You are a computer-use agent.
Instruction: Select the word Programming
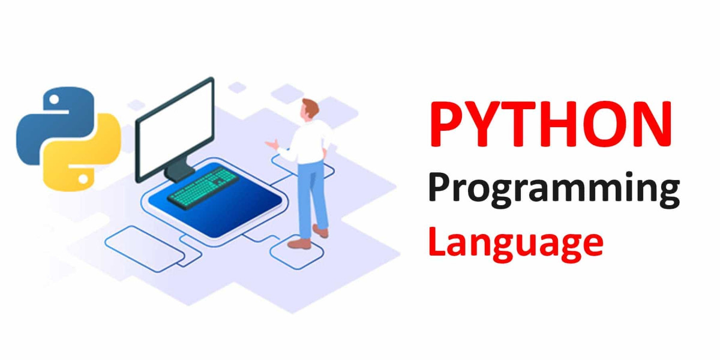pyautogui.click(x=553, y=191)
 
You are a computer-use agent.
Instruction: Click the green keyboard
pyautogui.click(x=203, y=186)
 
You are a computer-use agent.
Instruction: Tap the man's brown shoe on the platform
pyautogui.click(x=299, y=243)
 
